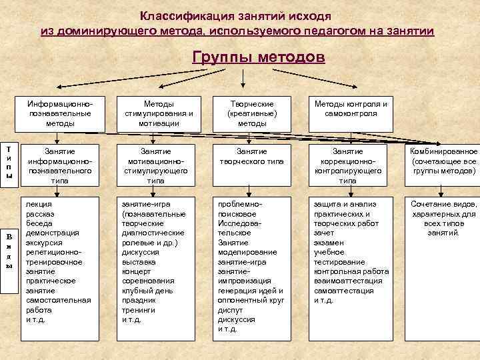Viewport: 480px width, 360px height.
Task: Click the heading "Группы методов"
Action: [x=259, y=57]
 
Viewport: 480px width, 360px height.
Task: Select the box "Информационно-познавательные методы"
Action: [x=60, y=114]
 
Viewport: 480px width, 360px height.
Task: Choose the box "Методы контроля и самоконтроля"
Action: [x=347, y=109]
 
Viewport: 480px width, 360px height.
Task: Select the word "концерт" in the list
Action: [x=136, y=271]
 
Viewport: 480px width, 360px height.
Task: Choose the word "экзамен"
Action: [x=329, y=243]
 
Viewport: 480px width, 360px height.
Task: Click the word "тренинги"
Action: [x=137, y=310]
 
